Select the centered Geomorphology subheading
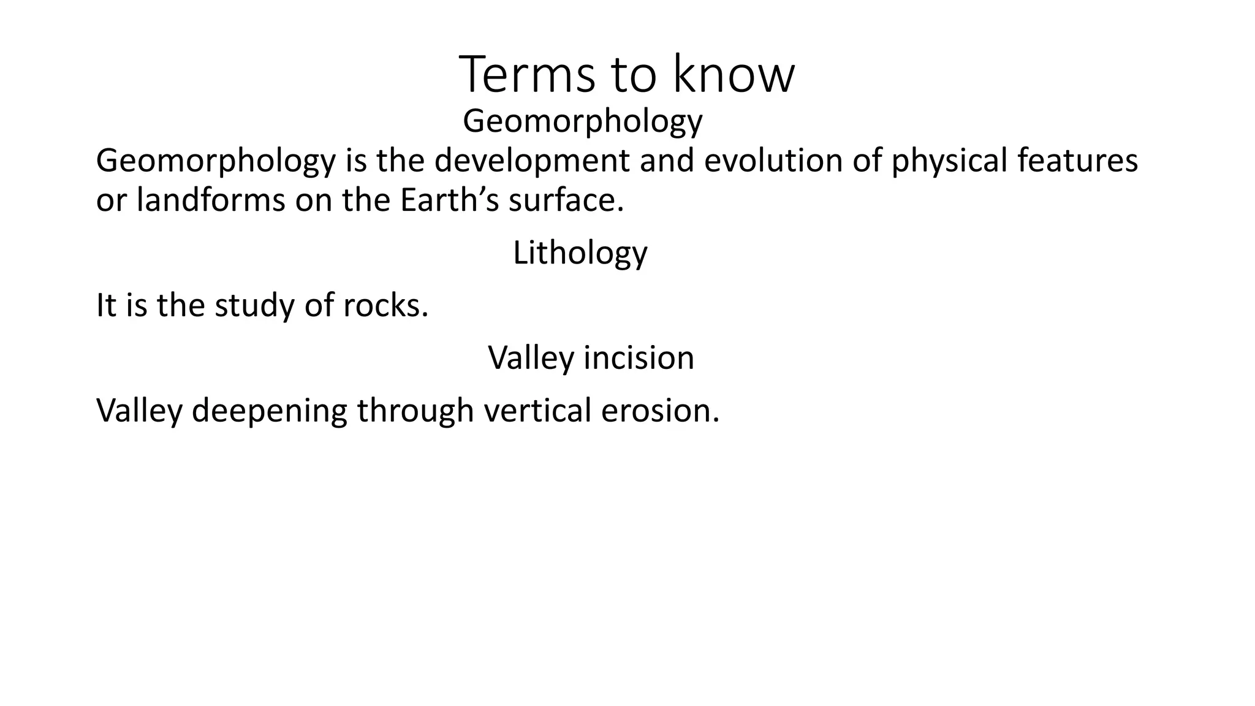[582, 121]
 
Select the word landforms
[210, 200]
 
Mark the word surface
[566, 200]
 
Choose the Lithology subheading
[580, 253]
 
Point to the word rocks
[385, 305]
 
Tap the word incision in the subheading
[639, 357]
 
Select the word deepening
[269, 411]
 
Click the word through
[415, 411]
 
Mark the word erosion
[659, 410]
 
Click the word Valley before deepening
[139, 411]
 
